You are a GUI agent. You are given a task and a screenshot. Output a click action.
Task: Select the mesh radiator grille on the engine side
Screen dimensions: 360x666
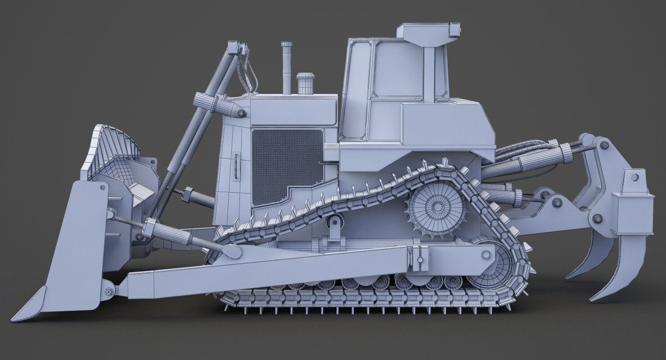click(x=287, y=164)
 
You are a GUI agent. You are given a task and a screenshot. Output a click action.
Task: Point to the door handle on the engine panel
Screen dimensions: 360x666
click(x=235, y=166)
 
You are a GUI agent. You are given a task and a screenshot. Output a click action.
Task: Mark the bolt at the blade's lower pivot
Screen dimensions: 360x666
click(x=108, y=292)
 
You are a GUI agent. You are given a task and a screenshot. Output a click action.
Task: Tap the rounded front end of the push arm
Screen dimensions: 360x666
click(x=232, y=252)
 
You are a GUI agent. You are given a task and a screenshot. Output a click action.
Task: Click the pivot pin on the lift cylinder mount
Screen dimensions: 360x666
click(x=242, y=113)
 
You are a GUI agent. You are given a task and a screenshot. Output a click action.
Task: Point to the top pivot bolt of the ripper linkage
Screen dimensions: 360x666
click(x=604, y=145)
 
